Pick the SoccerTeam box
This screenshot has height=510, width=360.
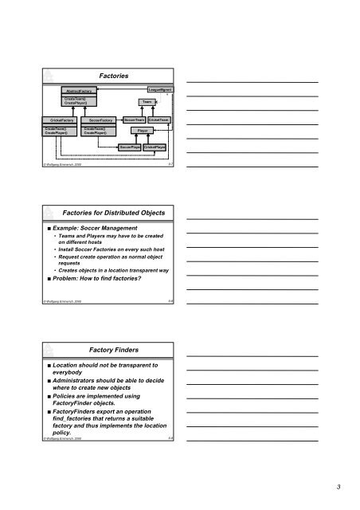click(133, 120)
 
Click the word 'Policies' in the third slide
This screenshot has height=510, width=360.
click(47, 417)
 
